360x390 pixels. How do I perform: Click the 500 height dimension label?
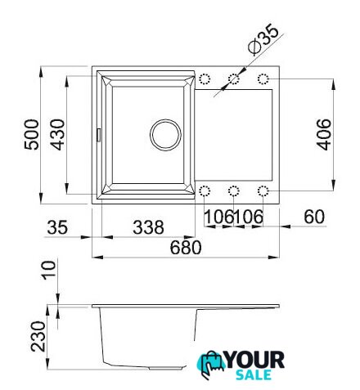(x=32, y=134)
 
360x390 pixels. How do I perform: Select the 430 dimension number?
(x=58, y=135)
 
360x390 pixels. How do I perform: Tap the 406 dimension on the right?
(x=324, y=134)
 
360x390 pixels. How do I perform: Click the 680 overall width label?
(x=186, y=248)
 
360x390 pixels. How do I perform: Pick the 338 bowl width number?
(x=148, y=227)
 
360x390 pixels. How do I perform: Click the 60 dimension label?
(x=314, y=217)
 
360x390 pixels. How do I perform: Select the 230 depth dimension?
(x=38, y=336)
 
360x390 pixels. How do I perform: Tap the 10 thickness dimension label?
(x=48, y=270)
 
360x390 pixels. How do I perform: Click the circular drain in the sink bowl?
(x=165, y=135)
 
